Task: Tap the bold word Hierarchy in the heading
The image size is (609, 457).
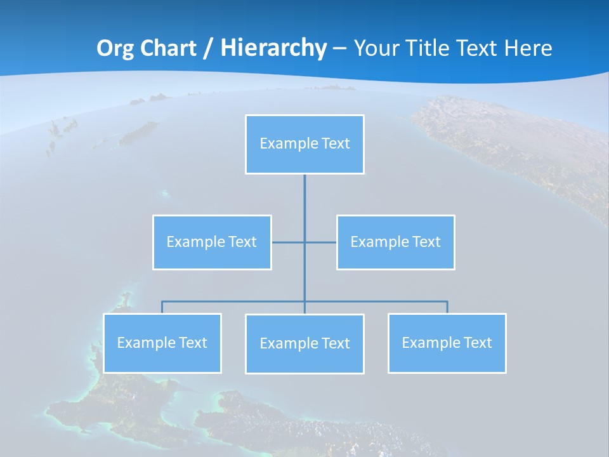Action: click(x=273, y=48)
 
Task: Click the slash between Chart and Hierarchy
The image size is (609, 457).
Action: click(x=208, y=48)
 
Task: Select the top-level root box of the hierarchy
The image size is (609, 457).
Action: click(x=304, y=144)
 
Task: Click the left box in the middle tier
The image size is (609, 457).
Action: click(x=212, y=242)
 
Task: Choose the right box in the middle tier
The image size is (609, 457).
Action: click(x=396, y=242)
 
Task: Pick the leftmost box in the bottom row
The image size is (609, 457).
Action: click(x=162, y=343)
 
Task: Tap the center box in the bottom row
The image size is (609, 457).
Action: click(x=304, y=343)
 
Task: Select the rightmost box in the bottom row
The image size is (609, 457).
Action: click(x=447, y=343)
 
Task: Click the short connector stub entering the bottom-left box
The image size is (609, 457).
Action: click(x=162, y=307)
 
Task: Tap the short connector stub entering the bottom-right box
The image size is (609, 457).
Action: click(x=447, y=307)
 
